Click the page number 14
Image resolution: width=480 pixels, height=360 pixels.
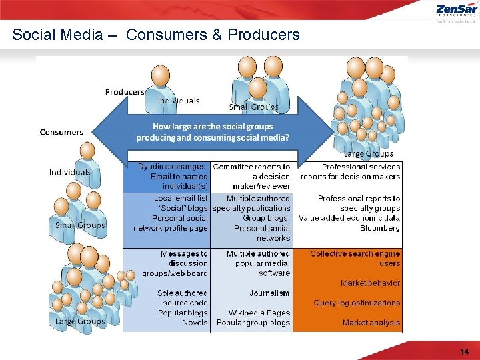click(x=464, y=351)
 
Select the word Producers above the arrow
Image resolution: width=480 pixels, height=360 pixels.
click(x=125, y=91)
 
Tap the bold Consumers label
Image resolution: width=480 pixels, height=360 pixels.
click(x=61, y=132)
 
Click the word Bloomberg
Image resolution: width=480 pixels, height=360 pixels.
click(x=380, y=228)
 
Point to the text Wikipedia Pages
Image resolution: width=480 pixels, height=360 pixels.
click(x=259, y=313)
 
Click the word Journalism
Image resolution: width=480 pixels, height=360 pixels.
click(x=269, y=293)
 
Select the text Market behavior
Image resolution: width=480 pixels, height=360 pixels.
click(x=370, y=283)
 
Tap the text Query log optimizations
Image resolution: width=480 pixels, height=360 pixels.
click(x=357, y=303)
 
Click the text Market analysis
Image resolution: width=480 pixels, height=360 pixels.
click(x=371, y=323)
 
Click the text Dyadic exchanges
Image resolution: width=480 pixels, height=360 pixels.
click(x=171, y=167)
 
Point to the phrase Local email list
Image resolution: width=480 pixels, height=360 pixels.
click(x=181, y=198)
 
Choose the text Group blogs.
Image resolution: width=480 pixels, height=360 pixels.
click(x=266, y=218)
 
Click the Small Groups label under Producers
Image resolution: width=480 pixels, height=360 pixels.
click(x=254, y=107)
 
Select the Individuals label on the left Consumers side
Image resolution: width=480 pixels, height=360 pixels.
click(x=69, y=172)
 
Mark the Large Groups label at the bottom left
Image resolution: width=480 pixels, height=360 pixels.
click(x=80, y=321)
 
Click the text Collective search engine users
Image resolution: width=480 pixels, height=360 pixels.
click(x=355, y=258)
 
